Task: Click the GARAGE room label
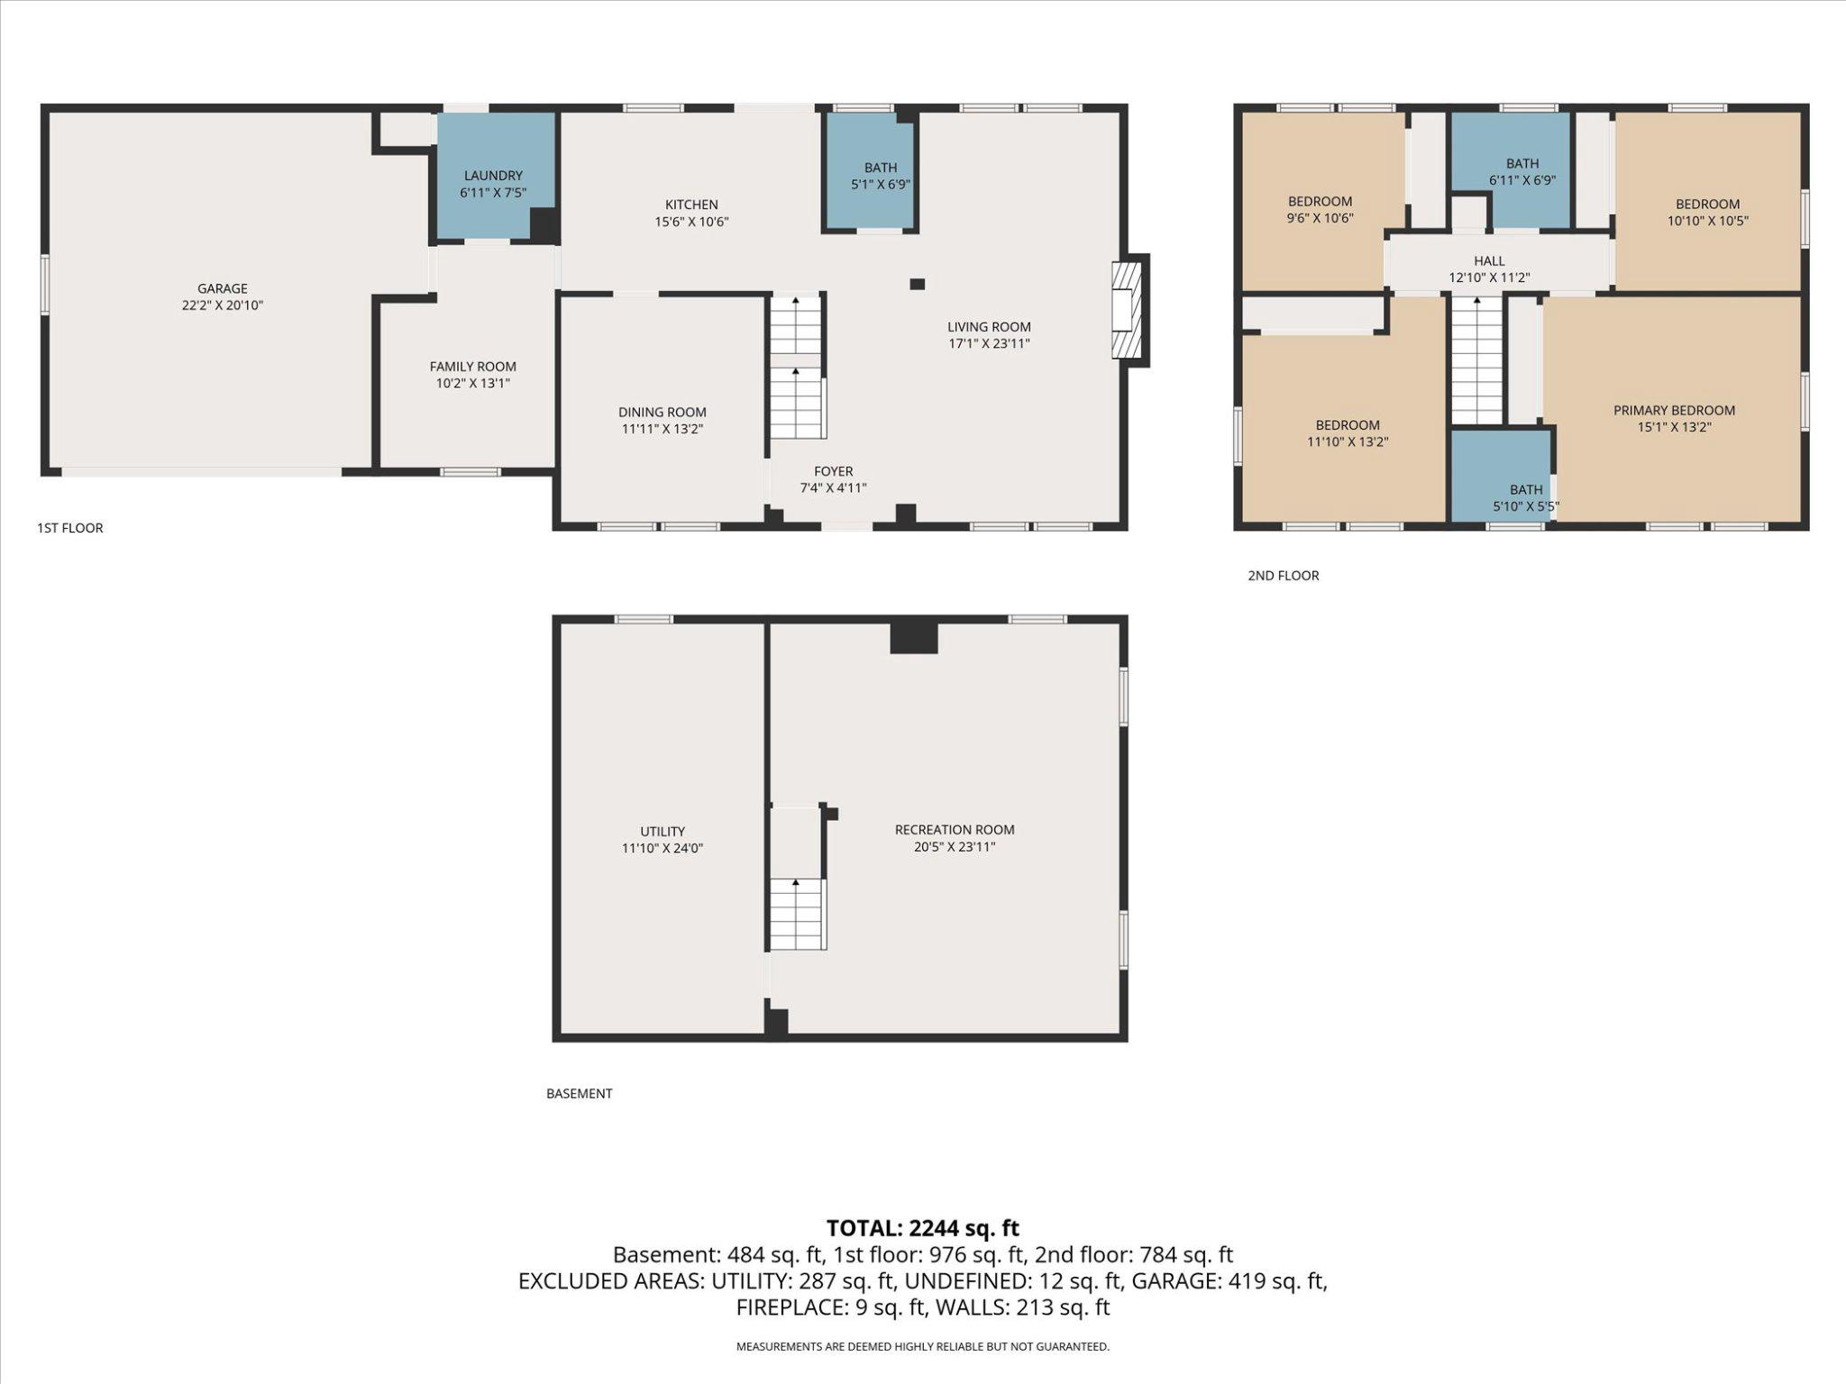tap(222, 288)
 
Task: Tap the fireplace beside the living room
tap(1128, 310)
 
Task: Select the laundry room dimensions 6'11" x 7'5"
tap(493, 193)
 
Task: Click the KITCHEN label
tap(691, 205)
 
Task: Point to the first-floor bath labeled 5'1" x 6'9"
tap(870, 176)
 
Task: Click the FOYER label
tap(833, 471)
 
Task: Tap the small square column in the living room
tap(917, 284)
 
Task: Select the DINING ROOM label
tap(662, 412)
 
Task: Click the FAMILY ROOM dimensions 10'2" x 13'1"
tap(472, 384)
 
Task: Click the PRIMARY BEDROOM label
tap(1674, 410)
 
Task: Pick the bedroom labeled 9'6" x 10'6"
tap(1320, 209)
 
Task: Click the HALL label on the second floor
tap(1489, 260)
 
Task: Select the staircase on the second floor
tap(1476, 360)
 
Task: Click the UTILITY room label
tap(662, 831)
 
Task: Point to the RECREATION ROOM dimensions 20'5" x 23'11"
tap(954, 847)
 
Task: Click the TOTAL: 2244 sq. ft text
tap(922, 1228)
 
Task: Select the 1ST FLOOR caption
tap(70, 528)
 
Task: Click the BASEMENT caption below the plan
tap(579, 1093)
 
